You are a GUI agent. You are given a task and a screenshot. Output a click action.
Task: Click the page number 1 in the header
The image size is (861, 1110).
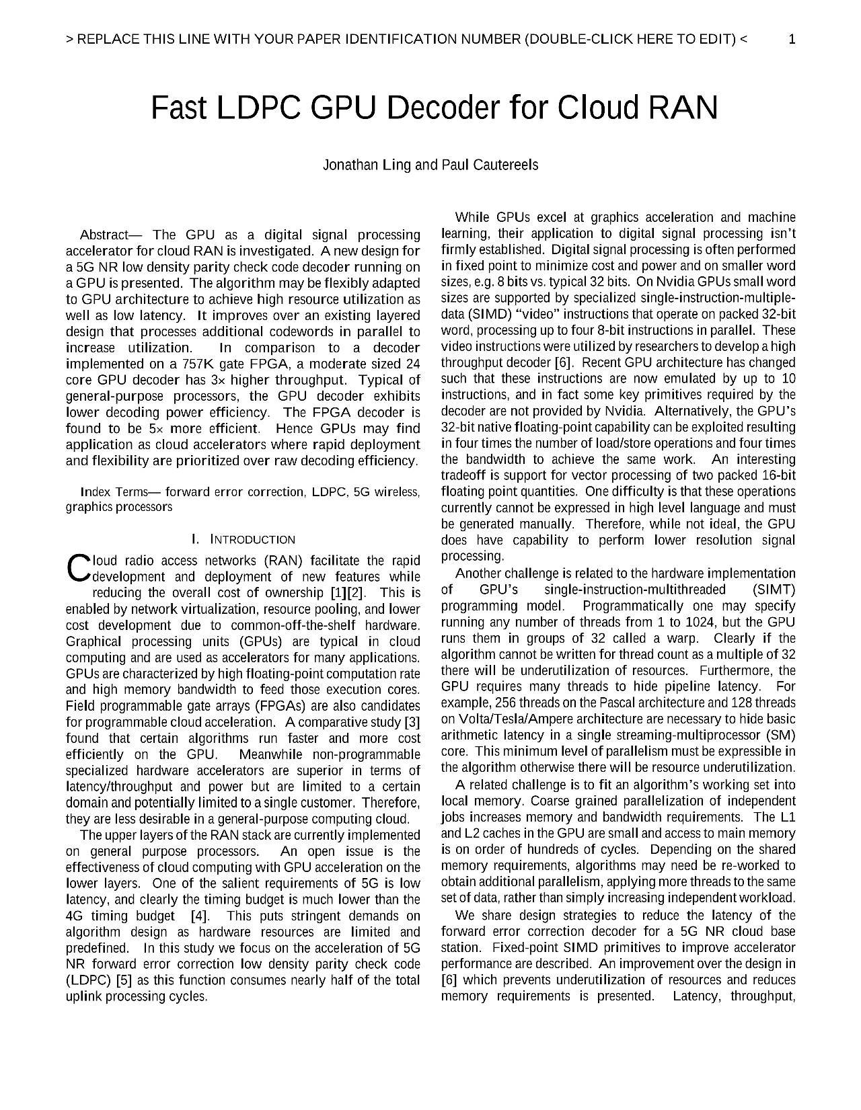(792, 39)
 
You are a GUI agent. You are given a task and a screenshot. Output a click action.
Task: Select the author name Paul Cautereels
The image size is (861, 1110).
(490, 165)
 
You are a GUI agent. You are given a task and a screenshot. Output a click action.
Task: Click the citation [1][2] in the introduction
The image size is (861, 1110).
(348, 593)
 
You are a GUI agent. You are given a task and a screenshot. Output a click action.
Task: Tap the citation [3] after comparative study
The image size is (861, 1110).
(412, 722)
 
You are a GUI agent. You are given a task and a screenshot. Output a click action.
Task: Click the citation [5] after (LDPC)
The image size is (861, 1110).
(124, 980)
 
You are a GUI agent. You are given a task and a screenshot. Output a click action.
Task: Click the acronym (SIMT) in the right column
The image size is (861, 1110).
(774, 590)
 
